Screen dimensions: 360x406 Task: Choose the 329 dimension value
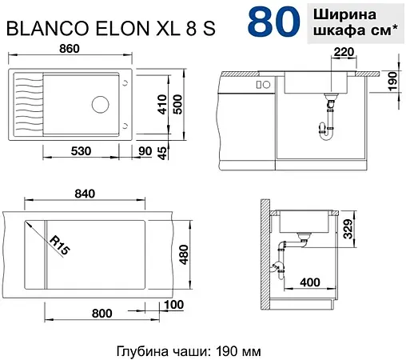[349, 234]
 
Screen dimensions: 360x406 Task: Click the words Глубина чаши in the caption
[155, 351]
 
